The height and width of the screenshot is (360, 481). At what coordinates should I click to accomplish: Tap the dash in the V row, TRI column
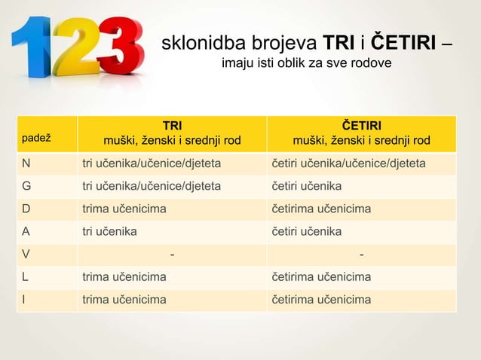(173, 255)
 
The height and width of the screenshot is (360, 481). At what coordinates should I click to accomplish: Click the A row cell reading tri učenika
(109, 231)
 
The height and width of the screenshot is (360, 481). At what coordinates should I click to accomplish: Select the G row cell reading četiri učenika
(306, 186)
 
